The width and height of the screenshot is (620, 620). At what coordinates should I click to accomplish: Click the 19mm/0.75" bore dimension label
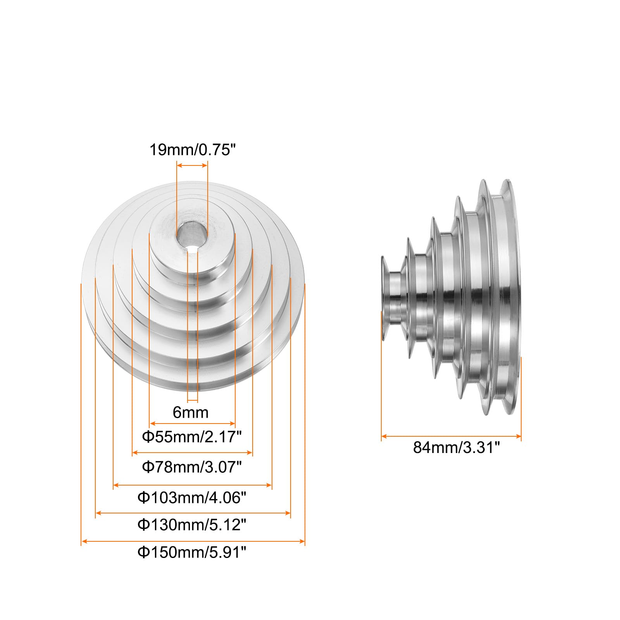pyautogui.click(x=193, y=150)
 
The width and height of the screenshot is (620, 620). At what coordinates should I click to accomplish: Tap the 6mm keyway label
pyautogui.click(x=190, y=412)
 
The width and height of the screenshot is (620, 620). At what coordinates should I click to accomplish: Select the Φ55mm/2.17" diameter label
pyautogui.click(x=192, y=437)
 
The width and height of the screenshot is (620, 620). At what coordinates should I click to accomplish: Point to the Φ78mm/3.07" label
pyautogui.click(x=192, y=467)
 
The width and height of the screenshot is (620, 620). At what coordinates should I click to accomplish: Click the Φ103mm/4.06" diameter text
pyautogui.click(x=192, y=497)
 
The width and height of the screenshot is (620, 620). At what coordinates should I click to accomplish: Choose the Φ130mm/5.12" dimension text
pyautogui.click(x=192, y=525)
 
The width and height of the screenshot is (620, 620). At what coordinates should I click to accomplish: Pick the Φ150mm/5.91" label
pyautogui.click(x=192, y=552)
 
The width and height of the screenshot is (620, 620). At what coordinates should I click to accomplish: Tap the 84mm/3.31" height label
pyautogui.click(x=456, y=447)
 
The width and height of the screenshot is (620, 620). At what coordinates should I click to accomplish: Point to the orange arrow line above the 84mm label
pyautogui.click(x=451, y=436)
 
